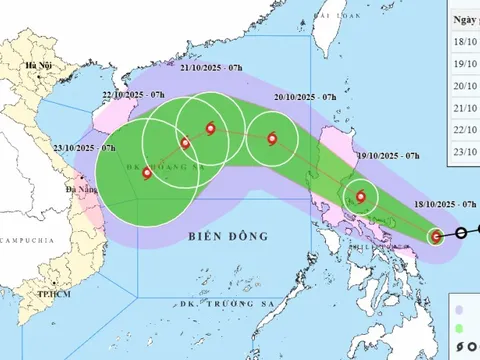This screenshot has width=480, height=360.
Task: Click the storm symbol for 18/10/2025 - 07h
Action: (x=436, y=236)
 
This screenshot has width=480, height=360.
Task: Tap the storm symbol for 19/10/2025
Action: (x=360, y=197)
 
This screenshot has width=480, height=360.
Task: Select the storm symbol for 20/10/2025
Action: (x=271, y=139)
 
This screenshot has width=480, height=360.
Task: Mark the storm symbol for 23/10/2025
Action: (x=148, y=173)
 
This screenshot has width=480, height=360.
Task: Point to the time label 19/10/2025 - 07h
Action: (x=385, y=157)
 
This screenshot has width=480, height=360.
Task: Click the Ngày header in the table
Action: (x=464, y=20)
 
